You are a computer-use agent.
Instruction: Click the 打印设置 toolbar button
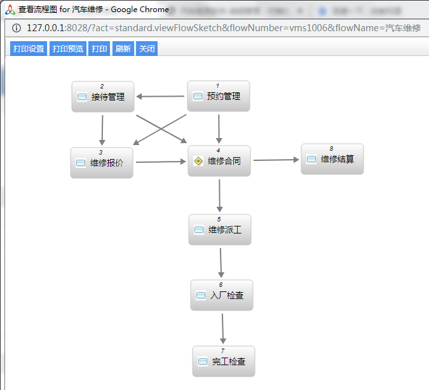coord(29,49)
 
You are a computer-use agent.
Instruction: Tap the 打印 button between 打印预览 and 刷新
coord(99,49)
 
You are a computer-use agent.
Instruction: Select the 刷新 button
coord(123,49)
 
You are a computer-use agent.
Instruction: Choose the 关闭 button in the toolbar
coord(146,49)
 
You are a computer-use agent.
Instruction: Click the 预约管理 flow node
coord(218,97)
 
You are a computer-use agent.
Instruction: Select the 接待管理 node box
coord(102,97)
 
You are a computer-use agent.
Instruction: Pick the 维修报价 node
coord(102,163)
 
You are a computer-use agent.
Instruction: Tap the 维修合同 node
coord(219,161)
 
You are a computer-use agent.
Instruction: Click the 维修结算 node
coord(332,159)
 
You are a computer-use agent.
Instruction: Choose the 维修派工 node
coord(220,230)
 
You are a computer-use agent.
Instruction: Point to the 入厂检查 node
coord(222,295)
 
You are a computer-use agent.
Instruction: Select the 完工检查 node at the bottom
coord(223,361)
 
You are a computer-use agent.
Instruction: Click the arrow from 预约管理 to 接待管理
coord(160,97)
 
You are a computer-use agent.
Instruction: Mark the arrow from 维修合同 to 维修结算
coord(276,160)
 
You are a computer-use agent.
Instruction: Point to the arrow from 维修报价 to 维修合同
coord(161,162)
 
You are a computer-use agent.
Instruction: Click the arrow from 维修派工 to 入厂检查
coord(221,262)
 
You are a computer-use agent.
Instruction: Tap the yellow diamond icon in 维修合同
coord(198,161)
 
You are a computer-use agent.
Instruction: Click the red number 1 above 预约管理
coord(217,85)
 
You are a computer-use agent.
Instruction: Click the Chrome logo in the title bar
coord(10,10)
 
